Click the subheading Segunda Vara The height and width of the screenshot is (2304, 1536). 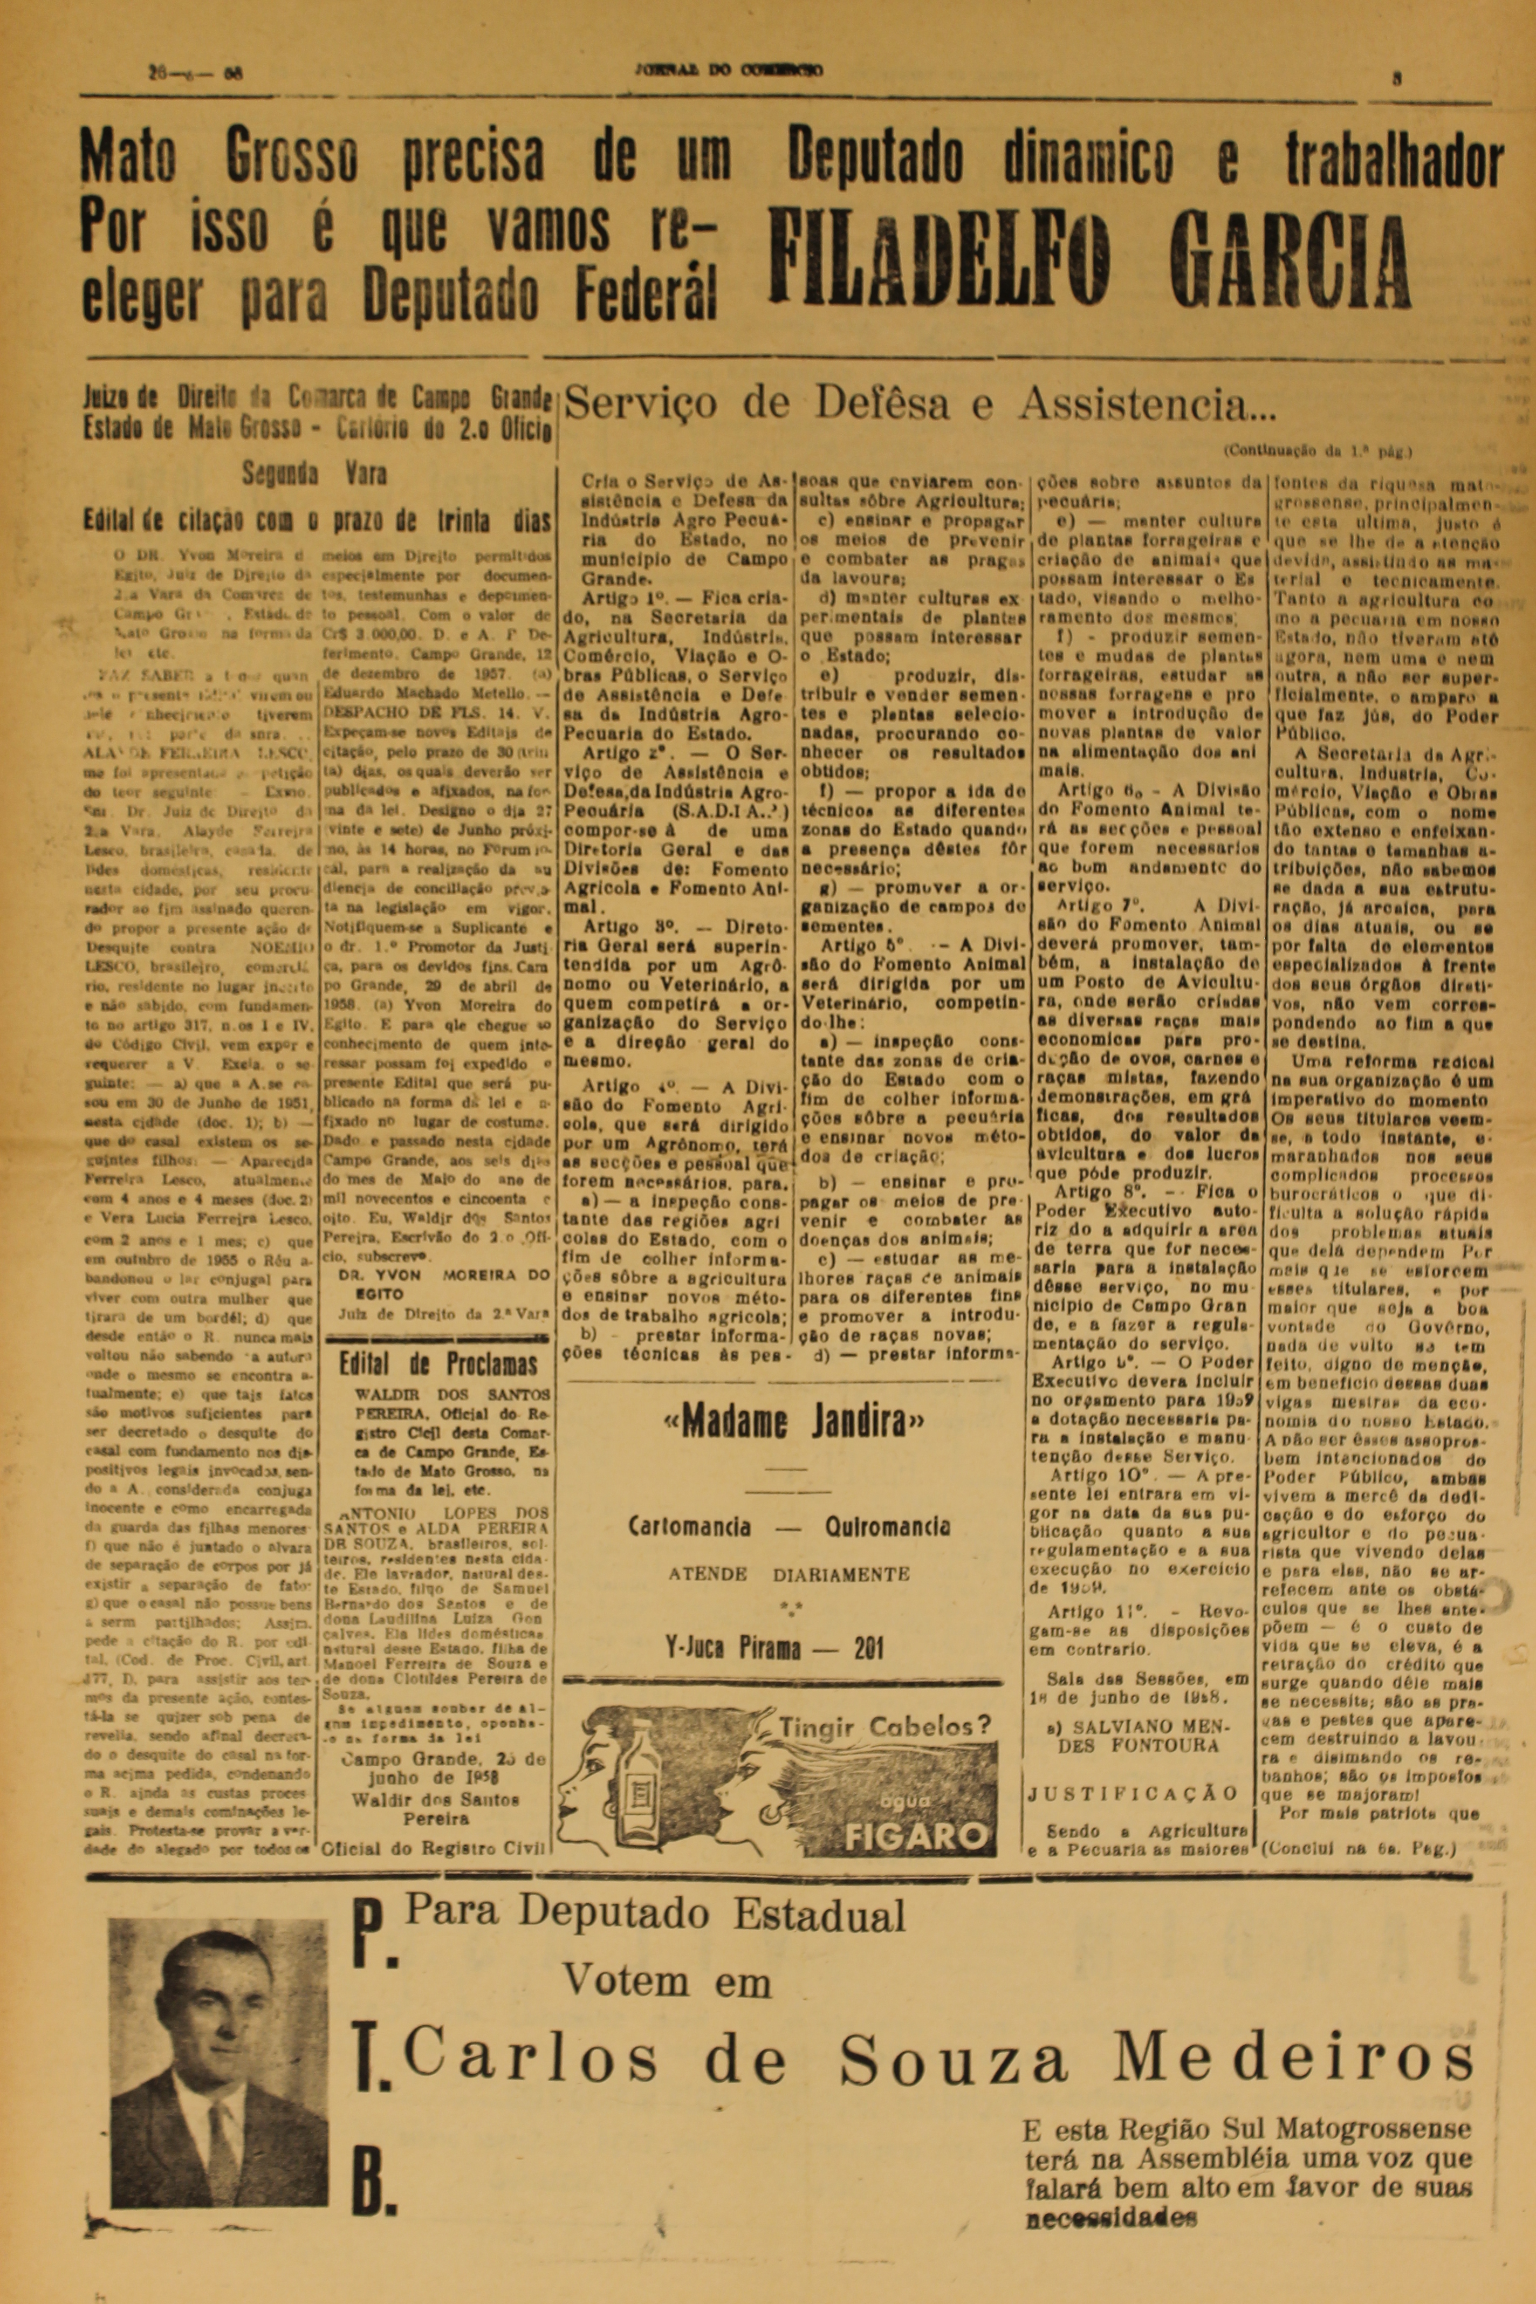[x=314, y=475]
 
